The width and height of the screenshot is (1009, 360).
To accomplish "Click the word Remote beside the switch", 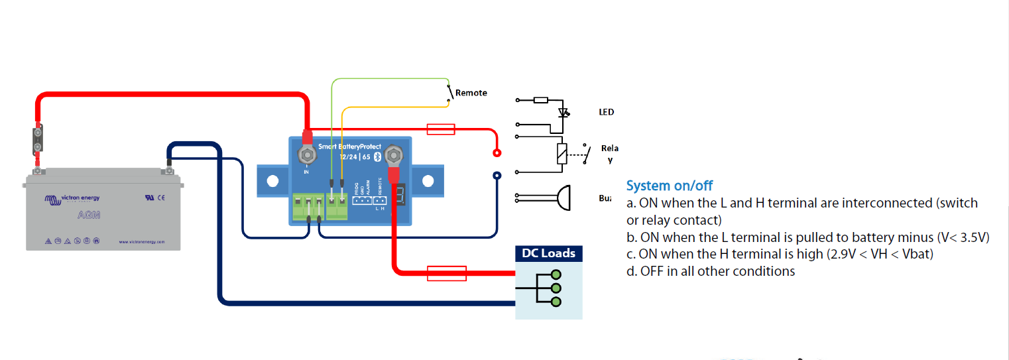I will (471, 93).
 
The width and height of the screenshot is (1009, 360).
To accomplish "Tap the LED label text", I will (606, 112).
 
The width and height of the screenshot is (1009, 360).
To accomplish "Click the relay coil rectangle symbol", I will (561, 154).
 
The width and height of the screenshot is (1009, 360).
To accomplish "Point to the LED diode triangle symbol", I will (564, 113).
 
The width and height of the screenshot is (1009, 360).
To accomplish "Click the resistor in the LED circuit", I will (540, 100).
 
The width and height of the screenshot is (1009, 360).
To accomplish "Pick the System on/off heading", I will (670, 186).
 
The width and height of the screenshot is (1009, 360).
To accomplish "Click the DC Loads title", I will (549, 254).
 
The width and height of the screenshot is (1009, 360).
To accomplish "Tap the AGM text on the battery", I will (88, 215).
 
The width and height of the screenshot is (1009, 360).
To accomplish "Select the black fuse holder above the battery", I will (38, 141).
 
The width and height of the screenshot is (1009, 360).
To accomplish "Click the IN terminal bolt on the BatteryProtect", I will (307, 156).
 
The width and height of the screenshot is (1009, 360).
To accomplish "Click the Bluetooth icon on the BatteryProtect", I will (377, 156).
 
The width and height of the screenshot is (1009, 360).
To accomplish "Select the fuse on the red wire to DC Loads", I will (446, 272).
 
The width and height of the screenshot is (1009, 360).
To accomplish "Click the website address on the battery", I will (141, 241).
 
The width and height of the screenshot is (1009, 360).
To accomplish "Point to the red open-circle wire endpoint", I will (497, 153).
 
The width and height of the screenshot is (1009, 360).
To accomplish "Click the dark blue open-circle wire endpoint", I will (497, 176).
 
